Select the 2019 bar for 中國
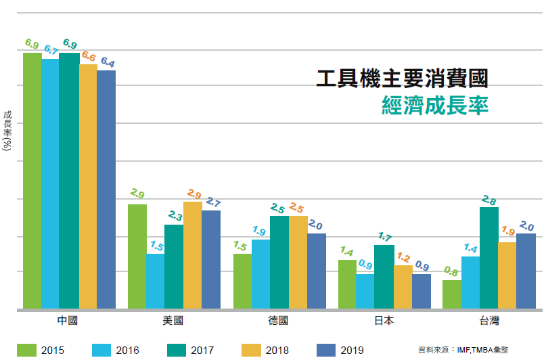106,189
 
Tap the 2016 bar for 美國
155,281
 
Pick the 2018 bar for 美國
192,255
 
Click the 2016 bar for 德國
260,274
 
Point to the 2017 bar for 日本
384,277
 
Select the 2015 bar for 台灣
451,294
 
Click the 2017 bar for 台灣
489,258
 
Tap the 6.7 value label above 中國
51,49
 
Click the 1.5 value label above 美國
156,245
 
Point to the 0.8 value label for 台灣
451,272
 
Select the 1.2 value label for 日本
403,257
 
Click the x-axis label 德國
278,321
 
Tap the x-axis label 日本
384,321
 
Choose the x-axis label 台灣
489,321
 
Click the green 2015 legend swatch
26,349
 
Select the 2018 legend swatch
252,349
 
